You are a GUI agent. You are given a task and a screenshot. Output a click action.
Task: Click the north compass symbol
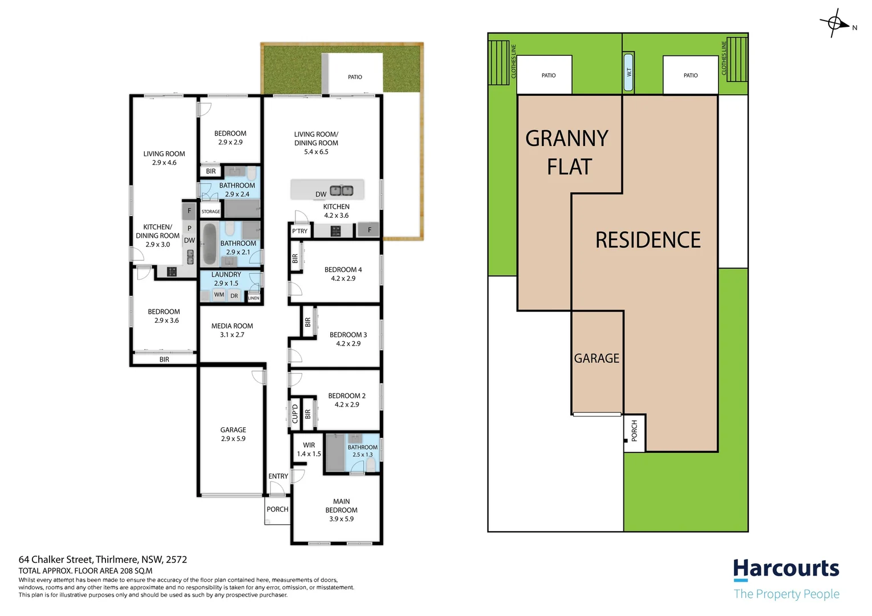coord(836,23)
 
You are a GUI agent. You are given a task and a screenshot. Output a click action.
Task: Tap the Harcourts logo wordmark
coord(786,569)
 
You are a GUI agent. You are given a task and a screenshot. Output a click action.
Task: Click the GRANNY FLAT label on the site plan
coord(567,152)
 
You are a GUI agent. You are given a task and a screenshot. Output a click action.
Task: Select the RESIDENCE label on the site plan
coord(648,240)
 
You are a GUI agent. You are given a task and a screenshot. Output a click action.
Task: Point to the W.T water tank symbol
coord(628,72)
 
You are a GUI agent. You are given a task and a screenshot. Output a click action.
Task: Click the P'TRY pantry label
coord(300,231)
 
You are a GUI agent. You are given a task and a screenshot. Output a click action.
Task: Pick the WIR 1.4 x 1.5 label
coord(309,449)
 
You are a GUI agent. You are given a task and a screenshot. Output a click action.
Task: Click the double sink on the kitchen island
coord(342,191)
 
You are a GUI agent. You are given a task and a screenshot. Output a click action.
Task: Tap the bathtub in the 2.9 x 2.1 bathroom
coord(209,244)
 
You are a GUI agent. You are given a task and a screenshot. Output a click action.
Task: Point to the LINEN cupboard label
coord(253,298)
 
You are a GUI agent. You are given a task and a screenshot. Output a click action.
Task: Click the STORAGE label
coord(210,212)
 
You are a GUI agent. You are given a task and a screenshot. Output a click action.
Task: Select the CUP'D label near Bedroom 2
coord(295,414)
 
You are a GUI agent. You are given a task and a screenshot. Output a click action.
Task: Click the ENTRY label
coord(278,476)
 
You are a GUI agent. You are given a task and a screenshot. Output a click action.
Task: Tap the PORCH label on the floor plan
coord(277,509)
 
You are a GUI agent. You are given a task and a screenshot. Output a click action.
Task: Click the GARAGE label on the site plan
coord(597,358)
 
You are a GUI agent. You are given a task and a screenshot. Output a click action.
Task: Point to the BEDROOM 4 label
coord(343,269)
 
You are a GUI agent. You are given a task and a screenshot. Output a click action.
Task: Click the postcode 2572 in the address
coord(176,560)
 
